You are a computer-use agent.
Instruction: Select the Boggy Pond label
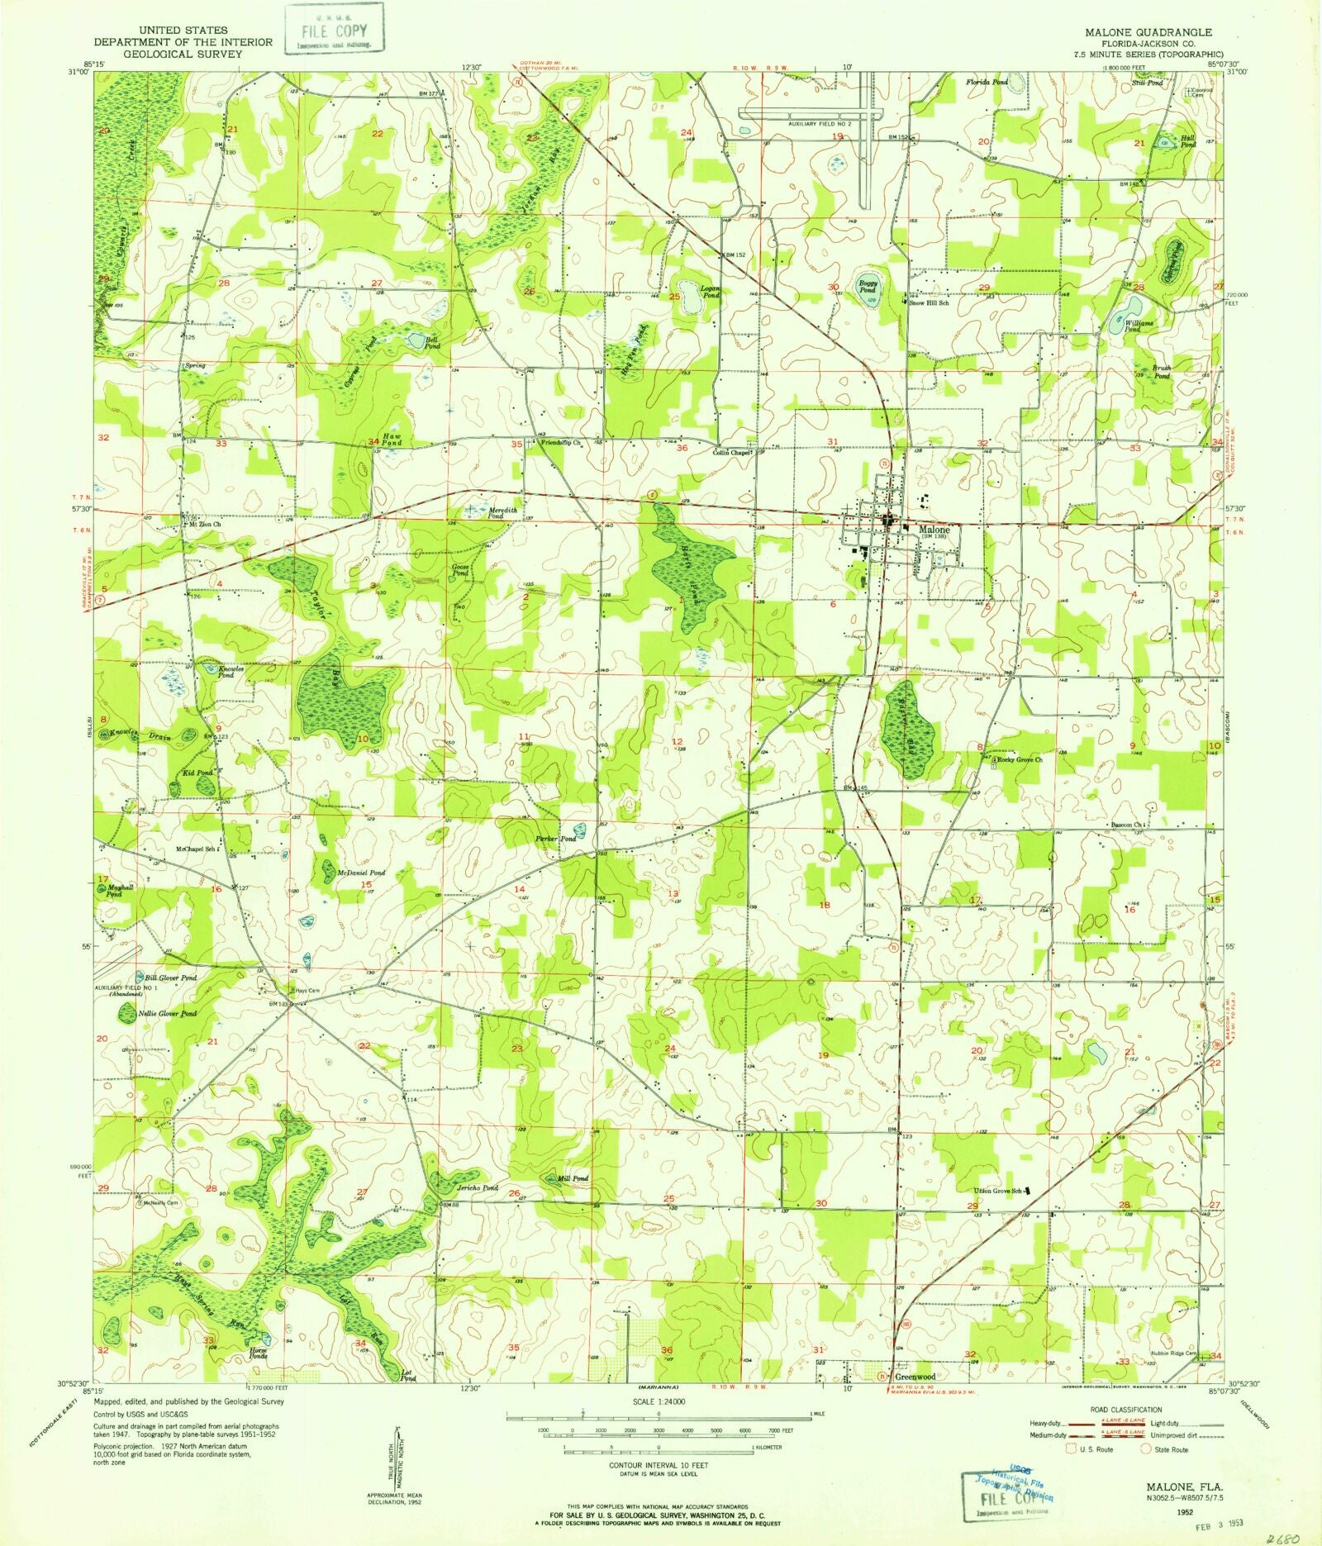click(868, 286)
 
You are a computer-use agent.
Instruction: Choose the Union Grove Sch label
click(998, 1191)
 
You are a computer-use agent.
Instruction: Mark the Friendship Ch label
click(561, 444)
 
